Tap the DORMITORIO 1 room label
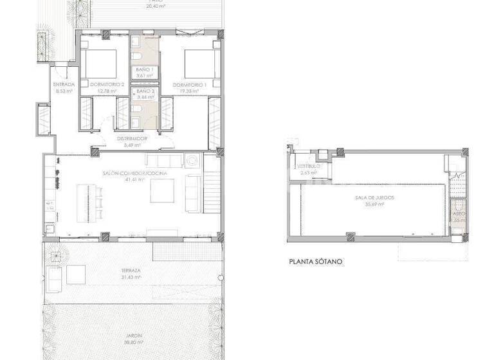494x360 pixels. (x=189, y=85)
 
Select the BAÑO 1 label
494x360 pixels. (x=145, y=69)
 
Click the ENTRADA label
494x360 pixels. (x=64, y=85)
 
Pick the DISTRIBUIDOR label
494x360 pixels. (x=133, y=138)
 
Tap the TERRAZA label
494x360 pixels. (x=130, y=271)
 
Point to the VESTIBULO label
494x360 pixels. (x=308, y=166)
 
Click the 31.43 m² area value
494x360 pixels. (x=131, y=277)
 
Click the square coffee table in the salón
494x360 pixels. (x=165, y=191)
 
